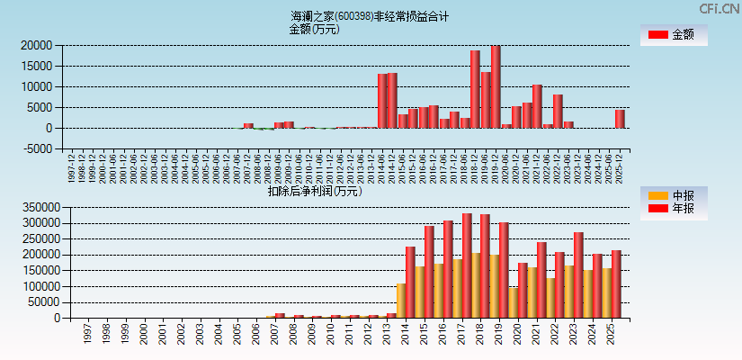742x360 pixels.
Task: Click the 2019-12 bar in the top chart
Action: point(496,87)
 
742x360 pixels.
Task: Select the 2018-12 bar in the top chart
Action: point(475,89)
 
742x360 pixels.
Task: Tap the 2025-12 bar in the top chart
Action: point(620,119)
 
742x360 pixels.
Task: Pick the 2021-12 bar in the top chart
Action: point(537,106)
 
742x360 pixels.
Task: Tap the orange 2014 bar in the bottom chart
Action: point(401,301)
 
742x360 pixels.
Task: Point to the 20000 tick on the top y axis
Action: point(35,45)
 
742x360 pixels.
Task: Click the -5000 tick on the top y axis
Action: point(37,149)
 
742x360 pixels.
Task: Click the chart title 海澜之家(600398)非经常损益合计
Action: point(370,16)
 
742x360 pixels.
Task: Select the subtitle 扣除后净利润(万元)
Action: point(315,191)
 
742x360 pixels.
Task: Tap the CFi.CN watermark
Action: point(720,8)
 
